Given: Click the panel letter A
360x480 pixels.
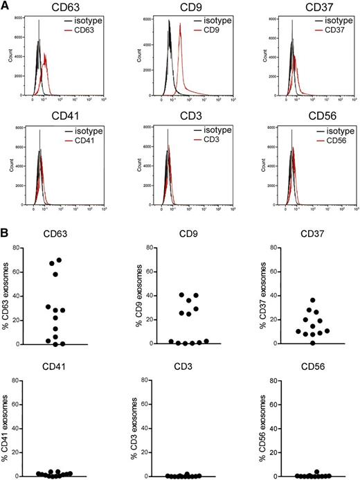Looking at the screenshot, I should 6,6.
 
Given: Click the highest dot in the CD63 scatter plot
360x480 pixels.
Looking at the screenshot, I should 59,260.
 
